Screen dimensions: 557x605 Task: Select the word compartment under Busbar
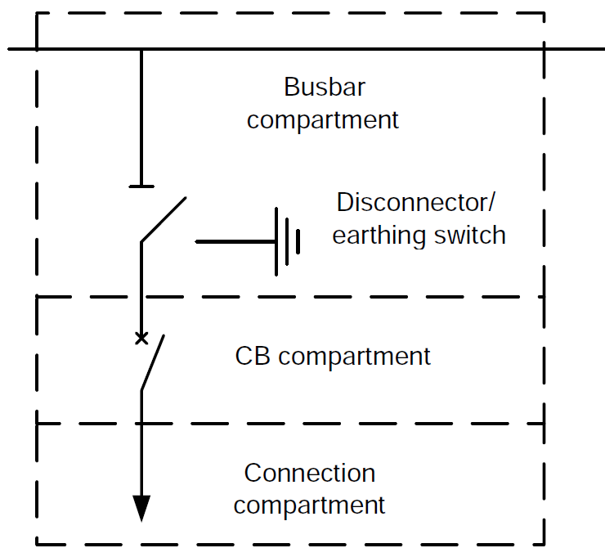(x=323, y=119)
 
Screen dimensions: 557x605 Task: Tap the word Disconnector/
(x=416, y=202)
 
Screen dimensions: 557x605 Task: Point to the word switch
(x=469, y=236)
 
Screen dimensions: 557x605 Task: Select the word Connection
(x=310, y=473)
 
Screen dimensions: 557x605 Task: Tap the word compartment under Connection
(x=309, y=505)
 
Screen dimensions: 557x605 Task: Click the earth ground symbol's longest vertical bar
(x=276, y=242)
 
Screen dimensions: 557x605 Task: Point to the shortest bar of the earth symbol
(x=298, y=242)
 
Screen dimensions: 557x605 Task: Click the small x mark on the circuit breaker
(x=141, y=337)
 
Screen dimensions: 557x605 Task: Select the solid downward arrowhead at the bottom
(x=141, y=508)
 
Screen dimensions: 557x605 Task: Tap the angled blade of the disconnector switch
(x=164, y=219)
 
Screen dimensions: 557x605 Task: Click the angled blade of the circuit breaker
(x=153, y=362)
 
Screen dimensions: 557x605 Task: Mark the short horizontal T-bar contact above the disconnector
(x=141, y=186)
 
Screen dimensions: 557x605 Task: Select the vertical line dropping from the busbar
(x=141, y=115)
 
